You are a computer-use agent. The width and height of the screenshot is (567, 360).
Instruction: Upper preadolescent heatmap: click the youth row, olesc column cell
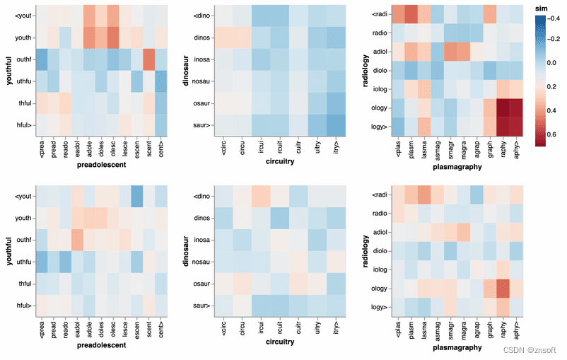pos(113,35)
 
